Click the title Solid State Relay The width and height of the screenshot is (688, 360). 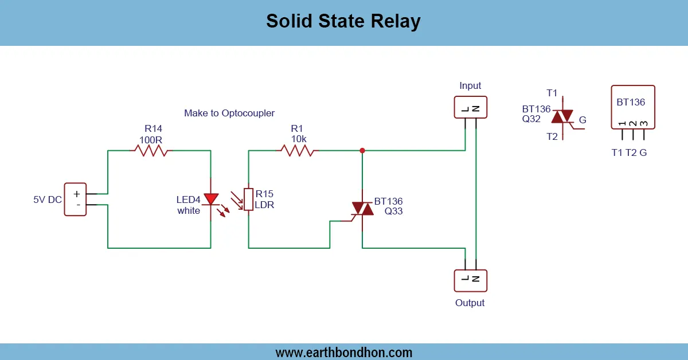tap(343, 22)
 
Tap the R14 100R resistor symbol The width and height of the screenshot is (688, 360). tap(152, 151)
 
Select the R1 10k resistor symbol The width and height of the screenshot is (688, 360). tap(296, 151)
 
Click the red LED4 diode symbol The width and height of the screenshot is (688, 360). tap(211, 199)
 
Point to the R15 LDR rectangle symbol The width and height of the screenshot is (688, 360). tap(248, 199)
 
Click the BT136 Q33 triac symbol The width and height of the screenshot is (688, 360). tap(362, 209)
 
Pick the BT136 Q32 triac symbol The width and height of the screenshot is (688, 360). tap(563, 118)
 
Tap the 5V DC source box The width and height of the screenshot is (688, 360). tap(75, 199)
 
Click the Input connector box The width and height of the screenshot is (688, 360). tap(470, 107)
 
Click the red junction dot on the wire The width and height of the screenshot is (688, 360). tap(362, 151)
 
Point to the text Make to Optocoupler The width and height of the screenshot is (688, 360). tap(229, 114)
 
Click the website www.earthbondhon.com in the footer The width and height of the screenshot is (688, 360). tap(343, 352)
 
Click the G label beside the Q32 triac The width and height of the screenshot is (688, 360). tap(583, 120)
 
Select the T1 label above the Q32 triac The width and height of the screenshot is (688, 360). tap(552, 93)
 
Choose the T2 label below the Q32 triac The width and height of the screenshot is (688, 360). tap(552, 136)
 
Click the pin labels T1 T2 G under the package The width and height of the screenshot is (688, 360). tap(629, 152)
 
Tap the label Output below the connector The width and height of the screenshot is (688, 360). tap(470, 303)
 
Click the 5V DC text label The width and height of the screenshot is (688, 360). tap(48, 200)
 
